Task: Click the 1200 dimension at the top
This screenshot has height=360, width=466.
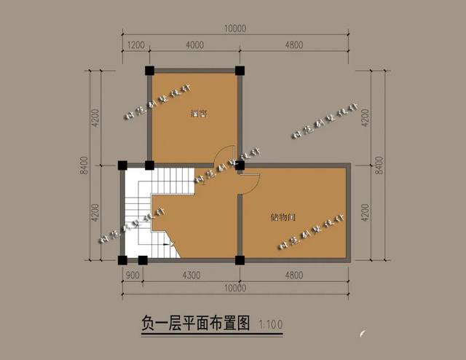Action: [135, 44]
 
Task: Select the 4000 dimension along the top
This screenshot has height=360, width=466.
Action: [194, 44]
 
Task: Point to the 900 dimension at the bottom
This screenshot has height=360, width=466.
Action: [133, 275]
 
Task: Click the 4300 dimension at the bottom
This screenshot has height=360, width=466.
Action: [190, 275]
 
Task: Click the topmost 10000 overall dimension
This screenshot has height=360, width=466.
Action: [236, 29]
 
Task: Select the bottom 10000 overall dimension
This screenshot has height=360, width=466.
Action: [236, 289]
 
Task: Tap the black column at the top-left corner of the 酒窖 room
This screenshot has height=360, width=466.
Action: [149, 71]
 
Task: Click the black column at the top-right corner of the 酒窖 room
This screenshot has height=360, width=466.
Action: [240, 71]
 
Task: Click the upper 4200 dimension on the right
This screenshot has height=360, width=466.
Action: [366, 118]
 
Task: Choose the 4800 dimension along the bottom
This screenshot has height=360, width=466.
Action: [294, 275]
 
